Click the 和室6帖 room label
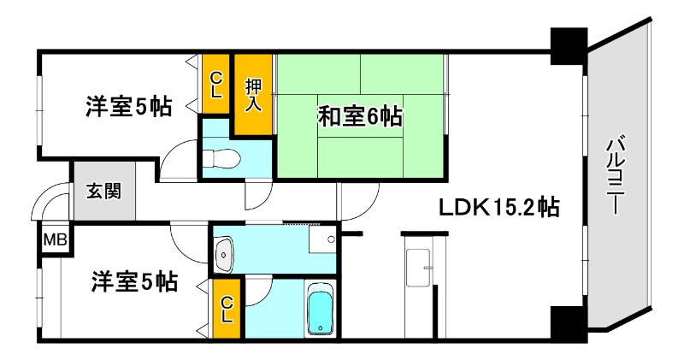(360, 115)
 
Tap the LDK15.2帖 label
(500, 208)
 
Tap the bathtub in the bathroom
(321, 311)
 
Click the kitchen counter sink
(420, 269)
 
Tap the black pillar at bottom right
(567, 323)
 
